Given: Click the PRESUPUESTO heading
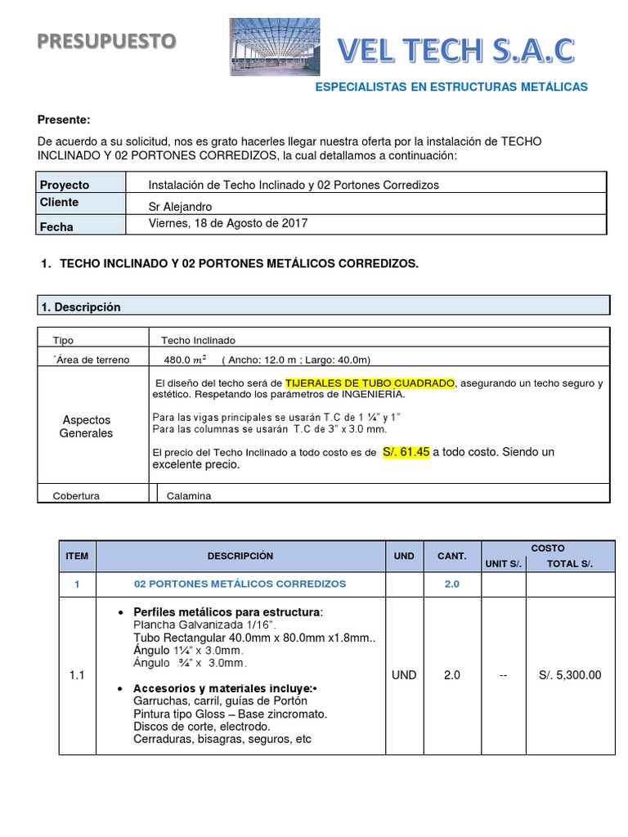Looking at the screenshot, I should click(106, 41).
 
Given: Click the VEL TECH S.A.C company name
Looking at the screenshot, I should click(457, 51).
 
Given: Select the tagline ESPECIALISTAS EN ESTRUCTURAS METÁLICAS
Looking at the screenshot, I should click(451, 87).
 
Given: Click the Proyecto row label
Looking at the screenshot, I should click(65, 185).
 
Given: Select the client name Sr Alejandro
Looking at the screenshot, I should click(180, 207).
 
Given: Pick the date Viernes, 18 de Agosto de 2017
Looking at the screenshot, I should click(228, 223).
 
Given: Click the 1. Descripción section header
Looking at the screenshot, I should click(81, 307).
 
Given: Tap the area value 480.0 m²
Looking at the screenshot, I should click(185, 360).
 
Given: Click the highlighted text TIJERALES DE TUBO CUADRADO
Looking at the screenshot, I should click(369, 383).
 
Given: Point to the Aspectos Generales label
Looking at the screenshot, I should click(86, 427).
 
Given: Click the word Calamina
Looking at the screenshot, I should click(189, 495).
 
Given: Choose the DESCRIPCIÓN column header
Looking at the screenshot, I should click(240, 556).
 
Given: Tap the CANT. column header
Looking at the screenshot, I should click(451, 556).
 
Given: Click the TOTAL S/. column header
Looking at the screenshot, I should click(569, 564).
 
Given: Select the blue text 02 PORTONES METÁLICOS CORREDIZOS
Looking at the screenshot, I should click(240, 584).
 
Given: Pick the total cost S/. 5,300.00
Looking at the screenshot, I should click(570, 675).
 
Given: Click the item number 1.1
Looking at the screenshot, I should click(77, 675).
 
